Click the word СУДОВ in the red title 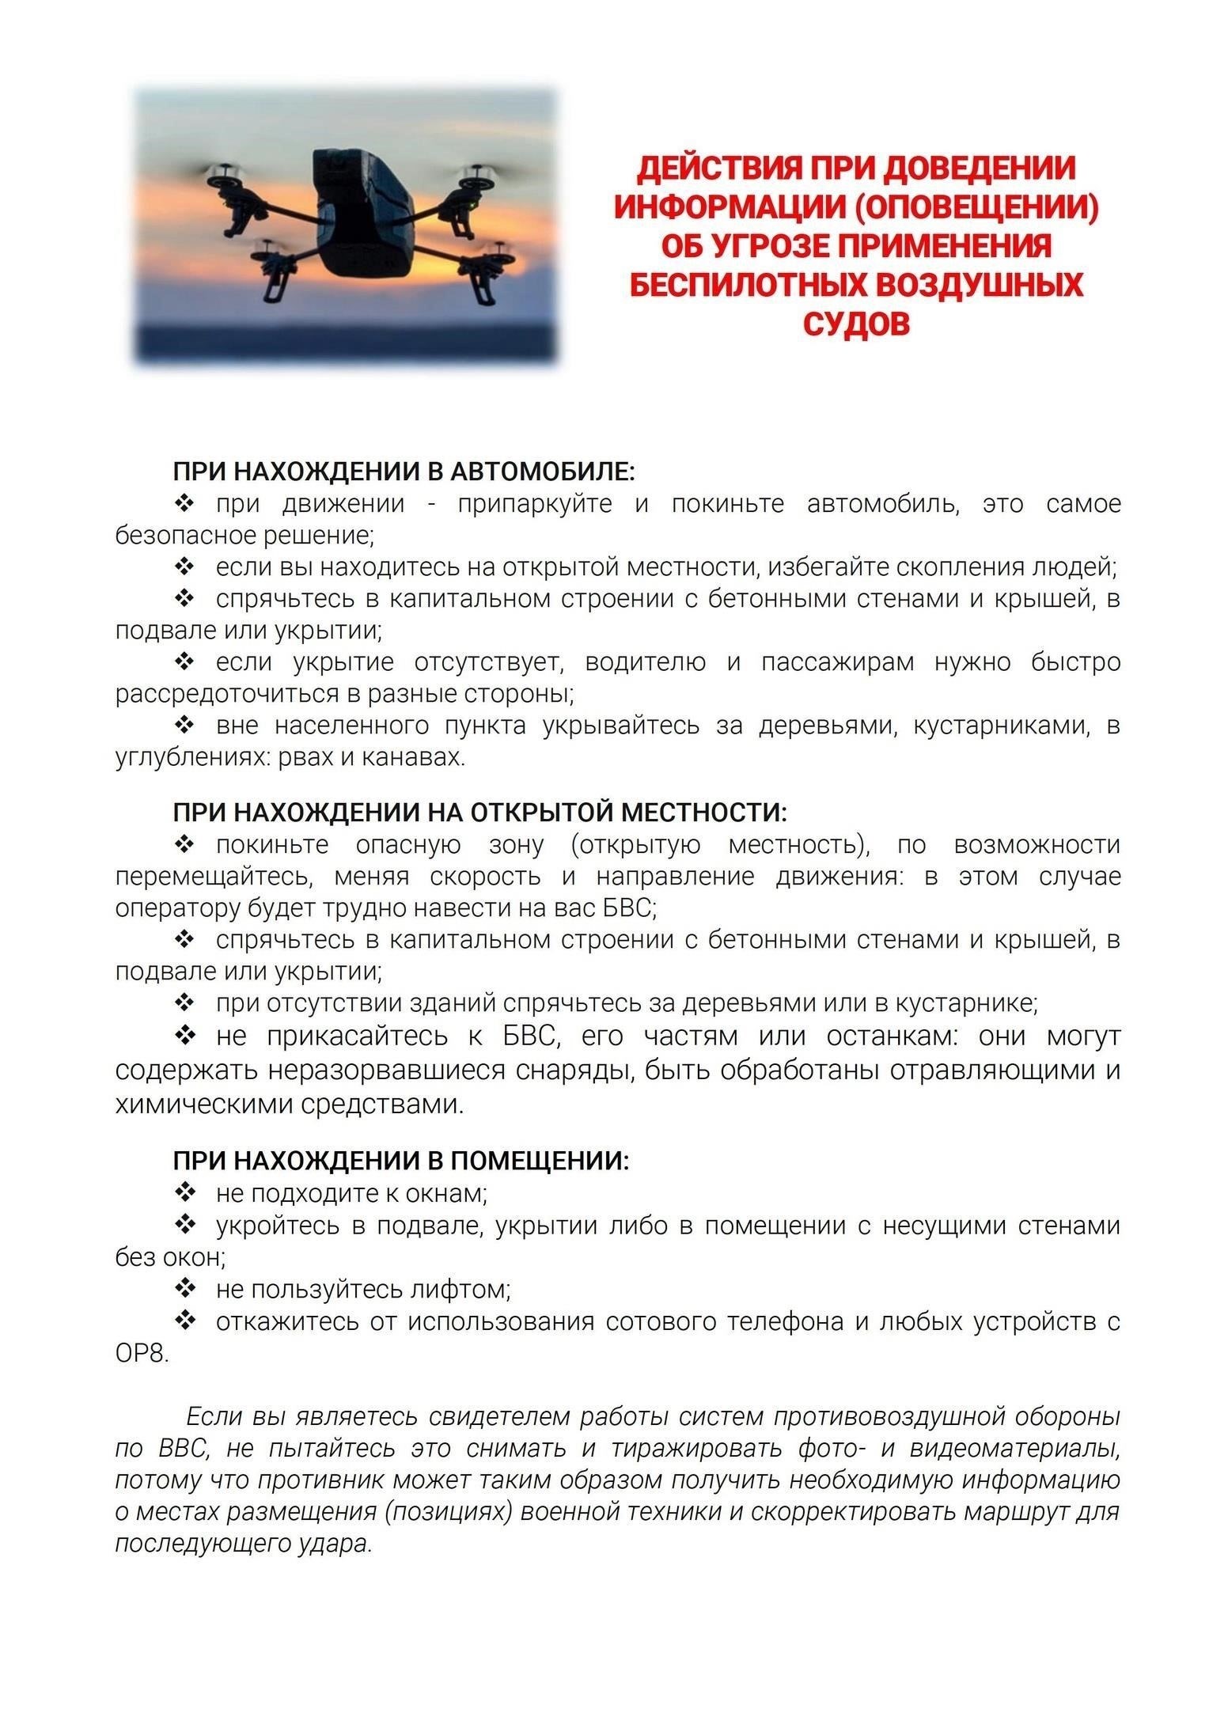pyautogui.click(x=856, y=323)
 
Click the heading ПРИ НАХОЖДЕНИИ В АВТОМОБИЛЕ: pyautogui.click(x=404, y=472)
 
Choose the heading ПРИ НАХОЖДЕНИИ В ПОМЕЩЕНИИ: pyautogui.click(x=401, y=1161)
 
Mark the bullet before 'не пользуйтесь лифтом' pyautogui.click(x=184, y=1290)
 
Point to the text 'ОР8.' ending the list pyautogui.click(x=142, y=1354)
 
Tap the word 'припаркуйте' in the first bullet pyautogui.click(x=535, y=504)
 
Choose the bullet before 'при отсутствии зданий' pyautogui.click(x=184, y=1003)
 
